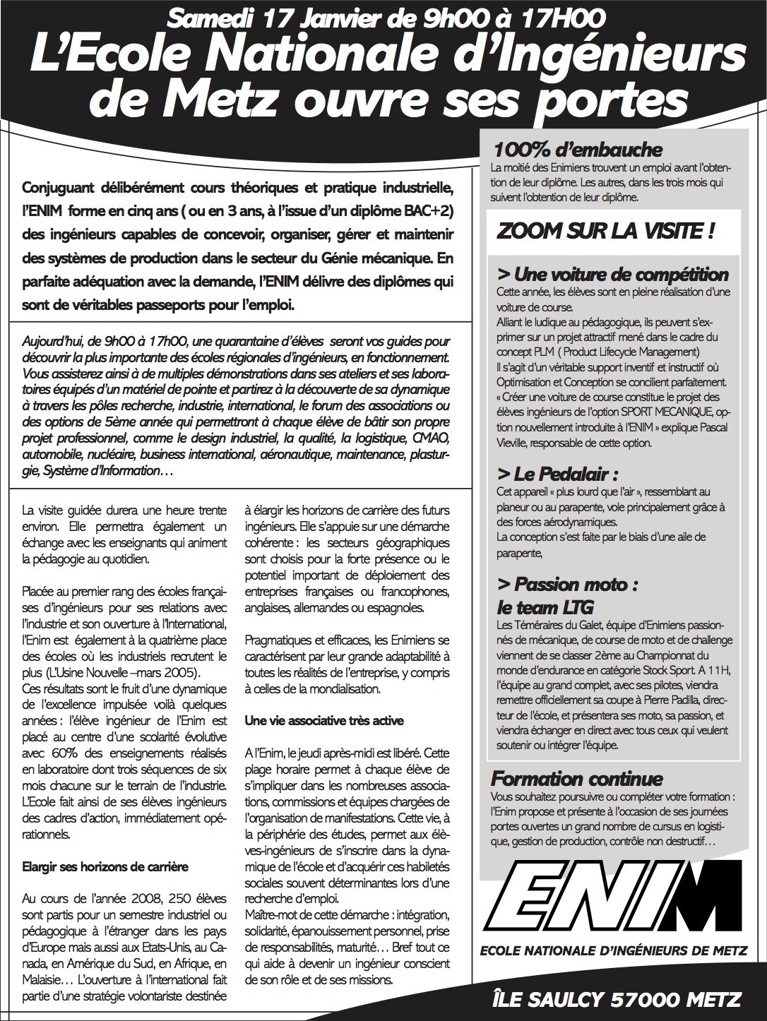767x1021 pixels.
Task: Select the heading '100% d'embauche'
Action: click(x=578, y=150)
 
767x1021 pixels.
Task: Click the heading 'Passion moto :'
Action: click(x=568, y=584)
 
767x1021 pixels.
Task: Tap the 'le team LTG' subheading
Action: click(x=545, y=607)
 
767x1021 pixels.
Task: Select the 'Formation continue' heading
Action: click(x=576, y=779)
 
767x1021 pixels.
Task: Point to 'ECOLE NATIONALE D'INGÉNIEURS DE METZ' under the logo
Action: click(x=612, y=951)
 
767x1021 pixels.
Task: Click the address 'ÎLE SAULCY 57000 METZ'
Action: click(x=617, y=1000)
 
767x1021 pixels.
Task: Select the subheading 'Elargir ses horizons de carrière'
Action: click(x=105, y=866)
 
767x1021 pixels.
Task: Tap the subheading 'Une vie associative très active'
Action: click(x=324, y=720)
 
